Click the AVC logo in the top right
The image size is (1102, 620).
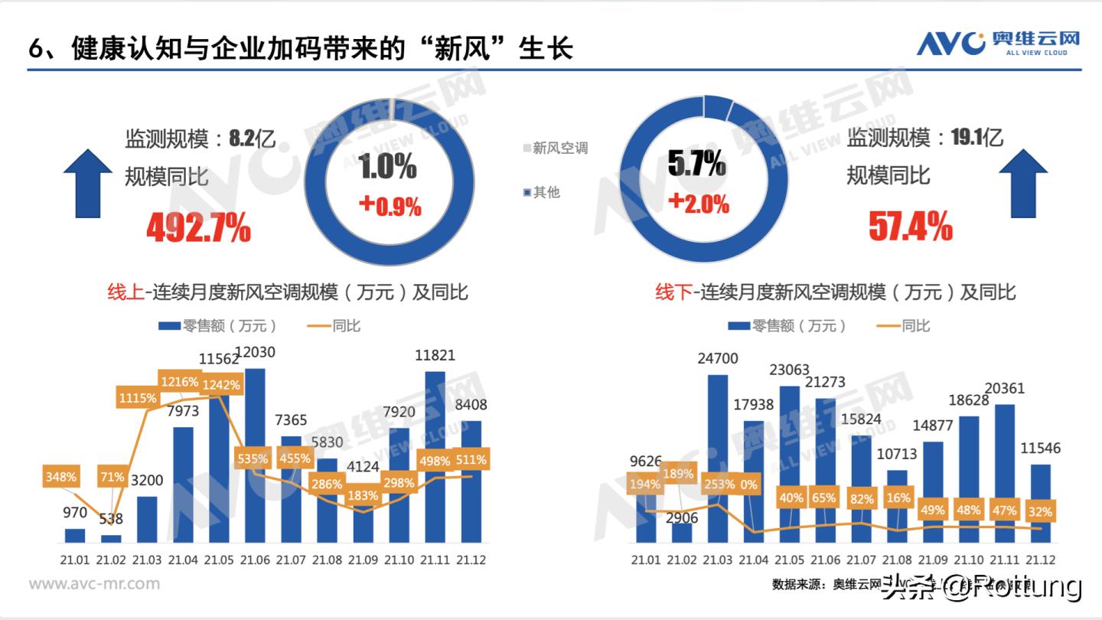click(x=998, y=42)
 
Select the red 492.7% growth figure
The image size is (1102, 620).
click(x=198, y=227)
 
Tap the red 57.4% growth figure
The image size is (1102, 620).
click(x=910, y=227)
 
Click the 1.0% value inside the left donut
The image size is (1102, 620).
click(x=388, y=166)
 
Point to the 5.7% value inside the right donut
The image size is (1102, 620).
click(x=696, y=163)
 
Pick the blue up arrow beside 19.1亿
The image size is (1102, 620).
click(x=1022, y=184)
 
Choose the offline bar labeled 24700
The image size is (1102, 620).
click(x=718, y=459)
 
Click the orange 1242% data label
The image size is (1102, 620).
click(x=220, y=385)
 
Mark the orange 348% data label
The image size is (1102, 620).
click(x=60, y=477)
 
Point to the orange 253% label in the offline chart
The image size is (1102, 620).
click(x=718, y=484)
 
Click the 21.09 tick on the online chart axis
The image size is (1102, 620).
click(x=364, y=560)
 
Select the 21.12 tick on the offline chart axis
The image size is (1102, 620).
click(x=1040, y=560)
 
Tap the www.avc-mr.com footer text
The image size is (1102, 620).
click(x=94, y=584)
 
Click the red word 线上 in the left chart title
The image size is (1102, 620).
click(x=126, y=292)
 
